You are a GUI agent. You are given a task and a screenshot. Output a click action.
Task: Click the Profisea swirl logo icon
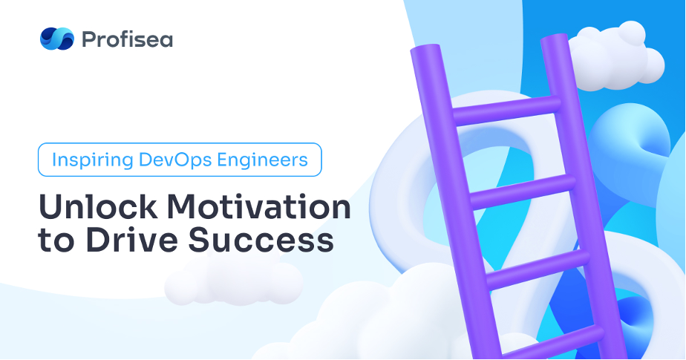(x=57, y=39)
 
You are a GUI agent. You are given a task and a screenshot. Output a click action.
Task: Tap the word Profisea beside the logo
(x=127, y=39)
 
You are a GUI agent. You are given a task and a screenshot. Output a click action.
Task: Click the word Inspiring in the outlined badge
(x=92, y=160)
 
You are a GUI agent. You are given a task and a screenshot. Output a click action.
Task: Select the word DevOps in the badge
(x=175, y=160)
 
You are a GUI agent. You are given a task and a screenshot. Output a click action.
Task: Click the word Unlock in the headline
(x=98, y=206)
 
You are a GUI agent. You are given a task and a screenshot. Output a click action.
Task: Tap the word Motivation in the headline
(x=258, y=206)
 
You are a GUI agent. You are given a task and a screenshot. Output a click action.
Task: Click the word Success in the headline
(x=261, y=240)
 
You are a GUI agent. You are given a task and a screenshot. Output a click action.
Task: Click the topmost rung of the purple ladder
(x=507, y=109)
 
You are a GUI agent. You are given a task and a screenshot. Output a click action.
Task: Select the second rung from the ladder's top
(x=523, y=192)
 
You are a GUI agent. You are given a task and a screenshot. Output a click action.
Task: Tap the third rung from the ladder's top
(x=538, y=269)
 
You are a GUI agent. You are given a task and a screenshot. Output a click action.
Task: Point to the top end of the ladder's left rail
(x=425, y=50)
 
